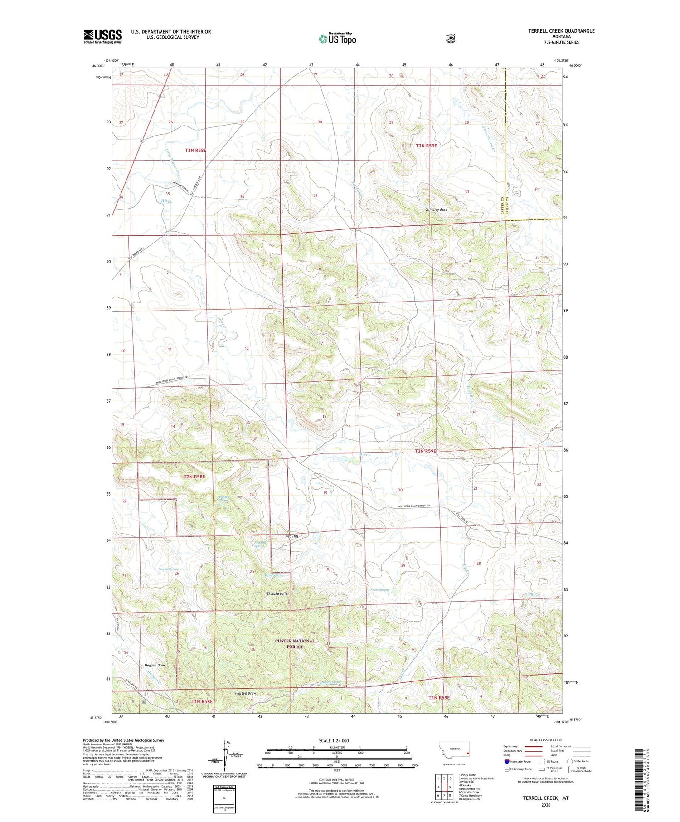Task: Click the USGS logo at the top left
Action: pyautogui.click(x=102, y=36)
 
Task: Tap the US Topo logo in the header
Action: pyautogui.click(x=337, y=39)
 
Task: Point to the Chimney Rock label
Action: pyautogui.click(x=436, y=210)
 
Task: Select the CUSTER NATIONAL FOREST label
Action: pyautogui.click(x=295, y=644)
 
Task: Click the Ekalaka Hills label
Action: pyautogui.click(x=277, y=593)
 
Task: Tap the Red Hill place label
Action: pyautogui.click(x=291, y=536)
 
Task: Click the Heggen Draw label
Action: pyautogui.click(x=155, y=665)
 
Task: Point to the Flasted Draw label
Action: pyautogui.click(x=246, y=693)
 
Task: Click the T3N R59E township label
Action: pyautogui.click(x=426, y=146)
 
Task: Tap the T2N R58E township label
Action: pyautogui.click(x=194, y=477)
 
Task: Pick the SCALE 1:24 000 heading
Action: pyautogui.click(x=336, y=740)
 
